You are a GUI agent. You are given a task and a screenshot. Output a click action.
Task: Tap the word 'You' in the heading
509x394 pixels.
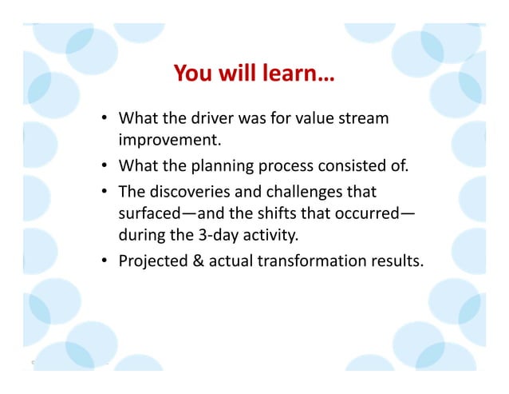(191, 75)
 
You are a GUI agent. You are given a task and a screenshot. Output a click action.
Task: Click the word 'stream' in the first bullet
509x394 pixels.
(365, 120)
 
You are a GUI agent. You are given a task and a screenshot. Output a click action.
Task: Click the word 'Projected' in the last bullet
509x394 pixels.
(152, 261)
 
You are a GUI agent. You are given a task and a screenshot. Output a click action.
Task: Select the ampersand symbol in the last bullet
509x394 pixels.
(197, 261)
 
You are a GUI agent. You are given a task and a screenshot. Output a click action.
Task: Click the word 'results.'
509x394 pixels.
(389, 261)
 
